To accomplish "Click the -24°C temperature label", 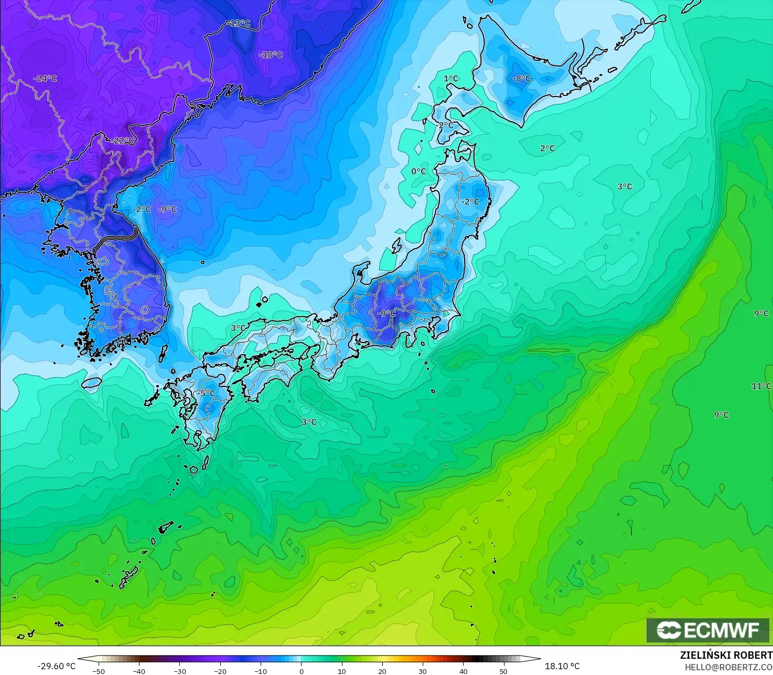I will [45, 79].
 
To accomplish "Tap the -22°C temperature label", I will [124, 141].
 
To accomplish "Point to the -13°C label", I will [239, 23].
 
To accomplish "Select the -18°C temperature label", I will [271, 55].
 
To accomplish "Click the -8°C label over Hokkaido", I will [521, 79].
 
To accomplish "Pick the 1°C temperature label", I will [450, 79].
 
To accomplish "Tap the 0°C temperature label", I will [418, 172].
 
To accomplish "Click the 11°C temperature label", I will [761, 386].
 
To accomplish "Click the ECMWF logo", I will [707, 630].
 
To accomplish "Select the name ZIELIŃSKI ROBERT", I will [726, 655].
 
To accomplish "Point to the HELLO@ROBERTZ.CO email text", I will [728, 667].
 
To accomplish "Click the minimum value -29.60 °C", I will [57, 666].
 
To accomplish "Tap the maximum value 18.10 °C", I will [562, 666].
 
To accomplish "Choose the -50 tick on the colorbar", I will [99, 671].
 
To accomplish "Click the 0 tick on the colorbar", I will [301, 671].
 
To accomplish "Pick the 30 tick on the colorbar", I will [423, 671].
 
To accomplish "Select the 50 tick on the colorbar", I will [503, 671].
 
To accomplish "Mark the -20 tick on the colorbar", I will [220, 671].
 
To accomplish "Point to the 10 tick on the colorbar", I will [341, 671].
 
